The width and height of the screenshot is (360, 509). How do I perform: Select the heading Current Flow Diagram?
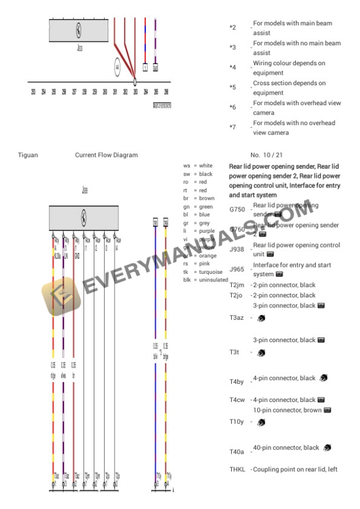pyautogui.click(x=106, y=155)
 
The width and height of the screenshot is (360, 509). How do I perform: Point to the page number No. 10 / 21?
pyautogui.click(x=263, y=155)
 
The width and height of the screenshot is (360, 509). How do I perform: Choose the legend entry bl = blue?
pyautogui.click(x=196, y=215)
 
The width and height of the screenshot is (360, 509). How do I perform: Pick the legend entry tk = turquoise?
pyautogui.click(x=202, y=272)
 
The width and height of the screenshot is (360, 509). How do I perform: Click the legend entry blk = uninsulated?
pyautogui.click(x=205, y=280)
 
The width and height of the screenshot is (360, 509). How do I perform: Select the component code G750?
pyautogui.click(x=237, y=209)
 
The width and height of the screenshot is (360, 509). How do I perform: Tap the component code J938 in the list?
pyautogui.click(x=237, y=249)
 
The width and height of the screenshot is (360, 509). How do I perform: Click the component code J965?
pyautogui.click(x=237, y=269)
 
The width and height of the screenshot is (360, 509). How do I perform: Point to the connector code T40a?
pyautogui.click(x=237, y=451)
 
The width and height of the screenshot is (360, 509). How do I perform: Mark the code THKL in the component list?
pyautogui.click(x=237, y=469)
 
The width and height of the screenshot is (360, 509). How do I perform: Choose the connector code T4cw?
pyautogui.click(x=237, y=400)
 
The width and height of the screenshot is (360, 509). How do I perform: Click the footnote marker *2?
pyautogui.click(x=232, y=28)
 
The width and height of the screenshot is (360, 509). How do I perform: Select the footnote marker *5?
pyautogui.click(x=232, y=88)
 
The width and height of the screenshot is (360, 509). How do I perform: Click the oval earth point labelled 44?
pyautogui.click(x=118, y=66)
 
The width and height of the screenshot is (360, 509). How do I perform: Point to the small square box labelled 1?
pyautogui.click(x=145, y=68)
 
